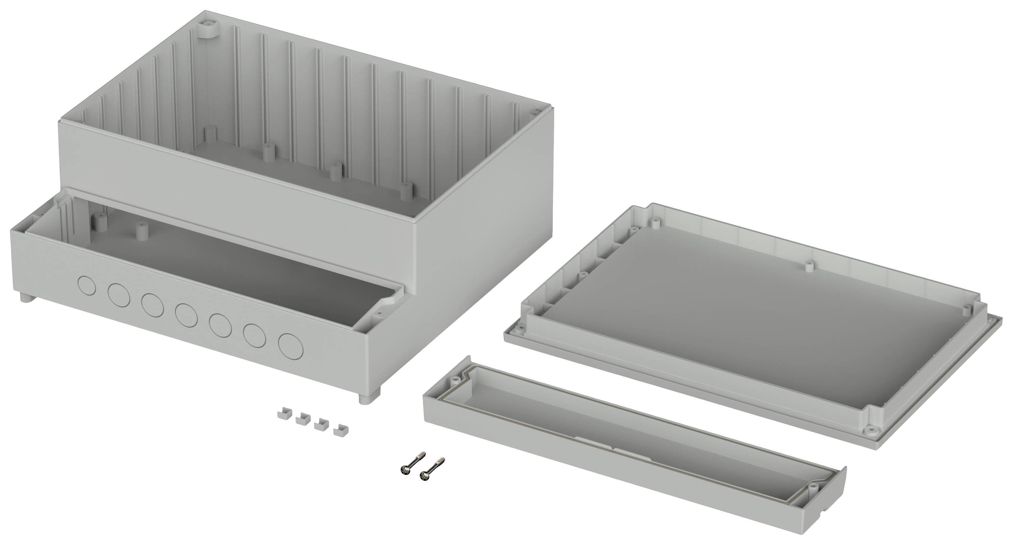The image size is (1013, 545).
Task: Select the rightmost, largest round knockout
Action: (291, 346)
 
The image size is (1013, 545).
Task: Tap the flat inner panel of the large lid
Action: (728, 322)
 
